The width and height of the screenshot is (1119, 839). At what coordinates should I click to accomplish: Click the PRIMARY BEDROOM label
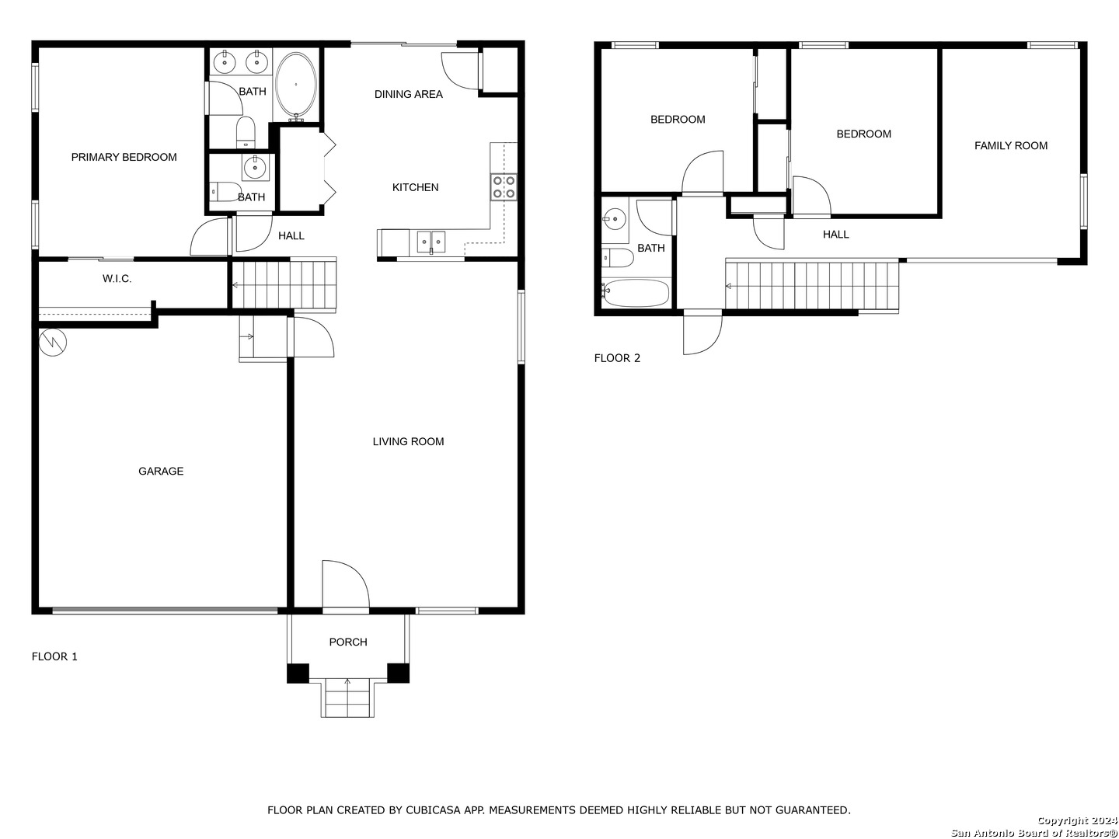click(124, 158)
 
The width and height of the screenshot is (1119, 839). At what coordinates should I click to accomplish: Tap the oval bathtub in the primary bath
click(296, 85)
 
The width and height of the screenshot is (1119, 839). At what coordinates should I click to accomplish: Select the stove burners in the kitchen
click(504, 186)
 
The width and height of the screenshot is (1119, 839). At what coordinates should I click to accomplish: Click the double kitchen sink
click(431, 241)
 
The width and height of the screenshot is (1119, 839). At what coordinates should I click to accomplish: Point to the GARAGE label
click(161, 472)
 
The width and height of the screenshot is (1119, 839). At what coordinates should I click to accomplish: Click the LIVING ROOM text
click(408, 442)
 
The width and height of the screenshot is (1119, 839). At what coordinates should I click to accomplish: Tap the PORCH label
click(348, 642)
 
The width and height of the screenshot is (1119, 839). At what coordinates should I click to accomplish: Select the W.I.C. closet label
click(117, 279)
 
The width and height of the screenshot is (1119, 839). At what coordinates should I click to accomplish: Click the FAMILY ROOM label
click(1011, 146)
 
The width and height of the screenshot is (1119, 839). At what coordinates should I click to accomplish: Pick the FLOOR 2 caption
click(617, 358)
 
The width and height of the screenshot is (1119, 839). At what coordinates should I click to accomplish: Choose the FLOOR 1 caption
click(54, 656)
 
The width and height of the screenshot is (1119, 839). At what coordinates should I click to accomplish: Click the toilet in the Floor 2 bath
click(617, 258)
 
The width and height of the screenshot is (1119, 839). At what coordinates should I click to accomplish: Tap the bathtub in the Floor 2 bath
click(635, 293)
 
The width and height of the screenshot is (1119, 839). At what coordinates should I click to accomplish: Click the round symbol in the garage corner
click(53, 343)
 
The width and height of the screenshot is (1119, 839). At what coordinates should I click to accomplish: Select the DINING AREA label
click(408, 94)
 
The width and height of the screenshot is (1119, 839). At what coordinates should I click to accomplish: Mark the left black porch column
click(298, 673)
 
